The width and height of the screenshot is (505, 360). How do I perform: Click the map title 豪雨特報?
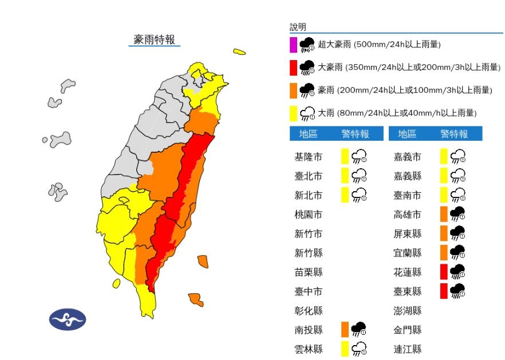tap(155, 39)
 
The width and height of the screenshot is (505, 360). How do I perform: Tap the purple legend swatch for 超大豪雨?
tap(293, 44)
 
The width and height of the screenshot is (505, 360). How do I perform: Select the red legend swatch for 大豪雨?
tap(293, 68)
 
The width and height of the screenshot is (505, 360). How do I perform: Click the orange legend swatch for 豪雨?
tap(293, 90)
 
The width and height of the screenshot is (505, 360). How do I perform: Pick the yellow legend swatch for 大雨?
tap(293, 113)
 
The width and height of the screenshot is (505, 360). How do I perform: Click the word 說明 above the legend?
tap(298, 27)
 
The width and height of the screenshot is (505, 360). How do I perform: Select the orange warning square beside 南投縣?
tap(345, 329)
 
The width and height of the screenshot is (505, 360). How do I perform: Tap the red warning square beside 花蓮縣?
tap(444, 271)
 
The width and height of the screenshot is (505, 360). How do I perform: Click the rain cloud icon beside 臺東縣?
tap(457, 291)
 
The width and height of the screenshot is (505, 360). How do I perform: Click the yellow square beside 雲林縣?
tap(345, 349)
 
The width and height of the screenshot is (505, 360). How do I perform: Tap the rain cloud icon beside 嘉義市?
tap(457, 156)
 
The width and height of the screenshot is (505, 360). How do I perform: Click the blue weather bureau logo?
tap(67, 319)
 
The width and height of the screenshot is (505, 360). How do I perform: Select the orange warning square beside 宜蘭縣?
tap(444, 252)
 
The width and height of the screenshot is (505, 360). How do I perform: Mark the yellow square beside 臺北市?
tap(345, 175)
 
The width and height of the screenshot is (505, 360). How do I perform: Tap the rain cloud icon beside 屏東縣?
tap(457, 233)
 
